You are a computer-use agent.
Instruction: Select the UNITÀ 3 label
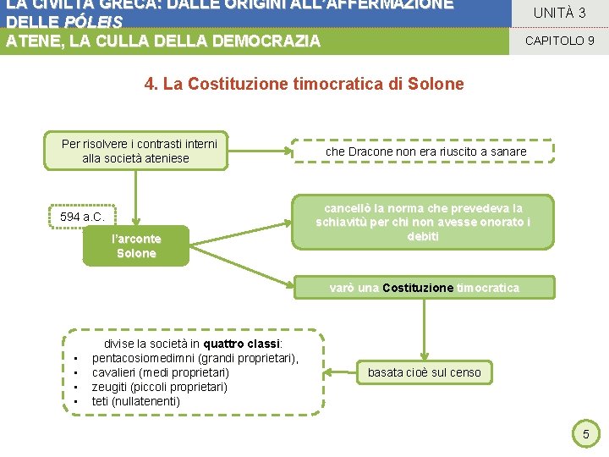pyautogui.click(x=558, y=13)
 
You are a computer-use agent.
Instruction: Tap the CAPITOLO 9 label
pyautogui.click(x=559, y=40)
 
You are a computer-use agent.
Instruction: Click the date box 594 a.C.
pyautogui.click(x=82, y=217)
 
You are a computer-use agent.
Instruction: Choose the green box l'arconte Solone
pyautogui.click(x=136, y=246)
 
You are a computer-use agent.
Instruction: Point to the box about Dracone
pyautogui.click(x=425, y=151)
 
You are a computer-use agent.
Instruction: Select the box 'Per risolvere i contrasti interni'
pyautogui.click(x=139, y=151)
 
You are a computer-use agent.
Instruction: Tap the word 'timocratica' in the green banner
pyautogui.click(x=488, y=288)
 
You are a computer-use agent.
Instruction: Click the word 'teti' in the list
pyautogui.click(x=100, y=401)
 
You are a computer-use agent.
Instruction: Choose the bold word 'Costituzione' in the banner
pyautogui.click(x=418, y=288)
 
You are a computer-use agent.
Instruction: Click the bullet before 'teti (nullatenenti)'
pyautogui.click(x=76, y=401)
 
